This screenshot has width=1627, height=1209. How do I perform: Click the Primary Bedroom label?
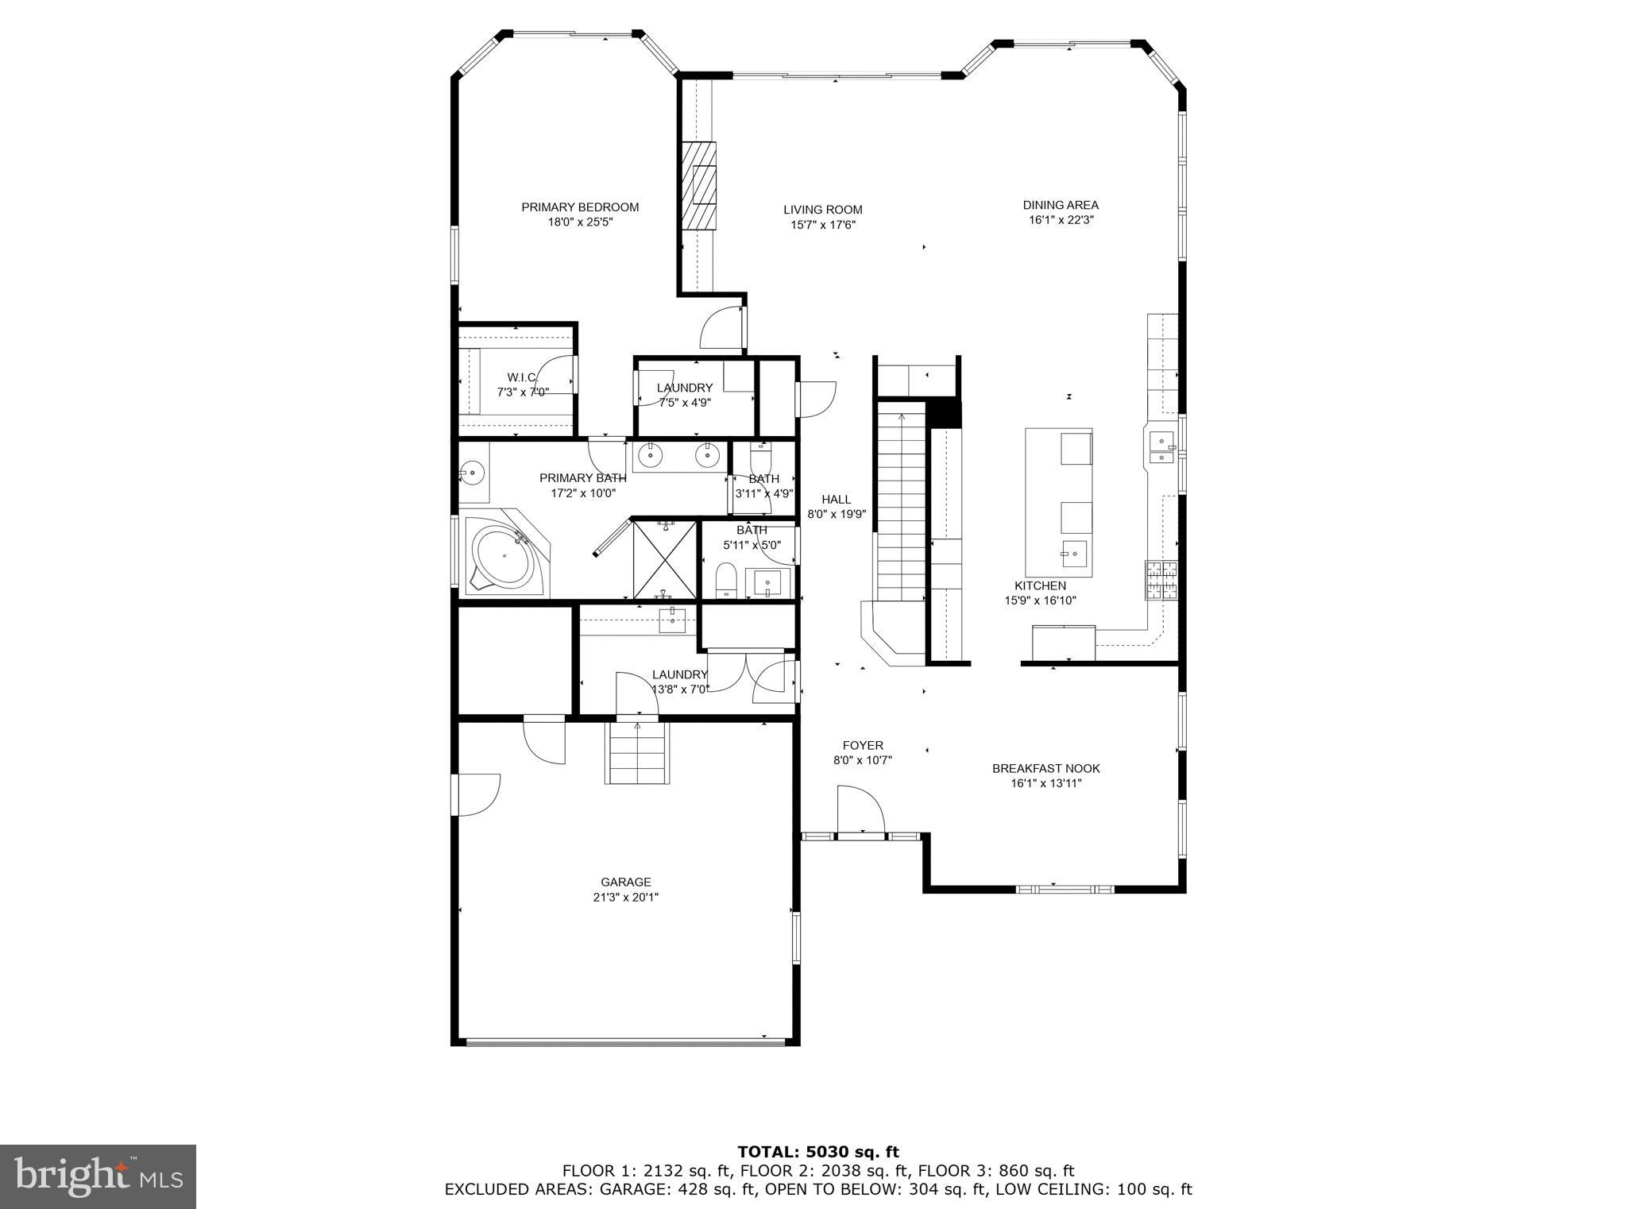[580, 207]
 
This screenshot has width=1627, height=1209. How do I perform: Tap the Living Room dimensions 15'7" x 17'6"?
[822, 225]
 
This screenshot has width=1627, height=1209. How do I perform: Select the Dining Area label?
[1061, 205]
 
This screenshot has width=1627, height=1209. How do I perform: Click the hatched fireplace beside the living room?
[698, 185]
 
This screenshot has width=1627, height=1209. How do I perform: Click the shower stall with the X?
[664, 559]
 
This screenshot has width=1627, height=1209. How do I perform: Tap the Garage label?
[625, 882]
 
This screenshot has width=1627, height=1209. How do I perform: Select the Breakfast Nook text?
[1045, 768]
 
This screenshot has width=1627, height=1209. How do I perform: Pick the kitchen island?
[1058, 503]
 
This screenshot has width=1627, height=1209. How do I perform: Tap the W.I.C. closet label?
[523, 377]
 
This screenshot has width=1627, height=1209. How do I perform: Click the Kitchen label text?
[1040, 585]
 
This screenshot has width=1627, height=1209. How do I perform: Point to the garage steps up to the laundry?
[636, 752]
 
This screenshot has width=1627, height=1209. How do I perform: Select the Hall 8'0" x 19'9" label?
[836, 506]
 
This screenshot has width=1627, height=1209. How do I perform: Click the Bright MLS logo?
[98, 1176]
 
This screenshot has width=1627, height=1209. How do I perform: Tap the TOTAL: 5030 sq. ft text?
[818, 1151]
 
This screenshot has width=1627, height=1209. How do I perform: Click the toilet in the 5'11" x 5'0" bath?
[727, 580]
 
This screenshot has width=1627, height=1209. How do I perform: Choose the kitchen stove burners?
[1161, 579]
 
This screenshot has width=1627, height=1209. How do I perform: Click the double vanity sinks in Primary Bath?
[679, 456]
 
